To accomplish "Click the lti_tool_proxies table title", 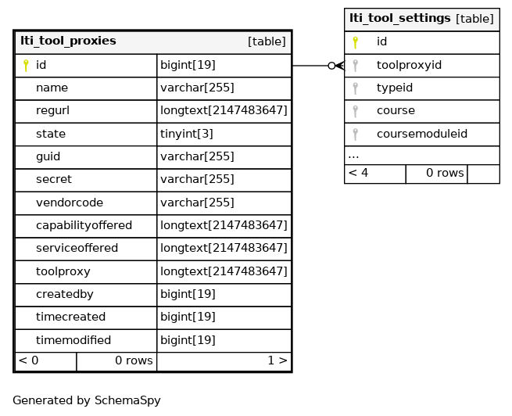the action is tap(68, 41).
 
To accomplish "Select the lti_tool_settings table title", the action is tap(400, 18).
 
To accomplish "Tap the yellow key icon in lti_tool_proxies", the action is tap(26, 66).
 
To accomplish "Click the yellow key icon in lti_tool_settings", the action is tap(355, 42).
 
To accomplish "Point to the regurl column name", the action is tap(52, 111).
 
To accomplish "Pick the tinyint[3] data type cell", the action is tap(187, 134).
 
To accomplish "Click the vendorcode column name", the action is tap(70, 203).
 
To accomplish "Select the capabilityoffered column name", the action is tap(84, 225).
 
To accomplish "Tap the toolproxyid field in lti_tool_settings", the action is tap(409, 65).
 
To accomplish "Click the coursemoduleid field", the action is tap(422, 134).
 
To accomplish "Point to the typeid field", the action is tap(395, 88).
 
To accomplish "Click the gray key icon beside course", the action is tap(355, 111).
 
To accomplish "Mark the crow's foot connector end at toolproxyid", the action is tap(339, 66).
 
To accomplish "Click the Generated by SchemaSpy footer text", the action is tap(87, 400).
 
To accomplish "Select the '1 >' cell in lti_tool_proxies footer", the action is tap(277, 360).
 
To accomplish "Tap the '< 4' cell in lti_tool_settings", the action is tap(358, 173).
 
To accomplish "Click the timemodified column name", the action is tap(73, 340).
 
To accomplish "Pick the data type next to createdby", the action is tap(188, 294).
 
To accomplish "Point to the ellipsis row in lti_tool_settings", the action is tap(353, 156).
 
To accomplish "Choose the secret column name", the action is tap(54, 179).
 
